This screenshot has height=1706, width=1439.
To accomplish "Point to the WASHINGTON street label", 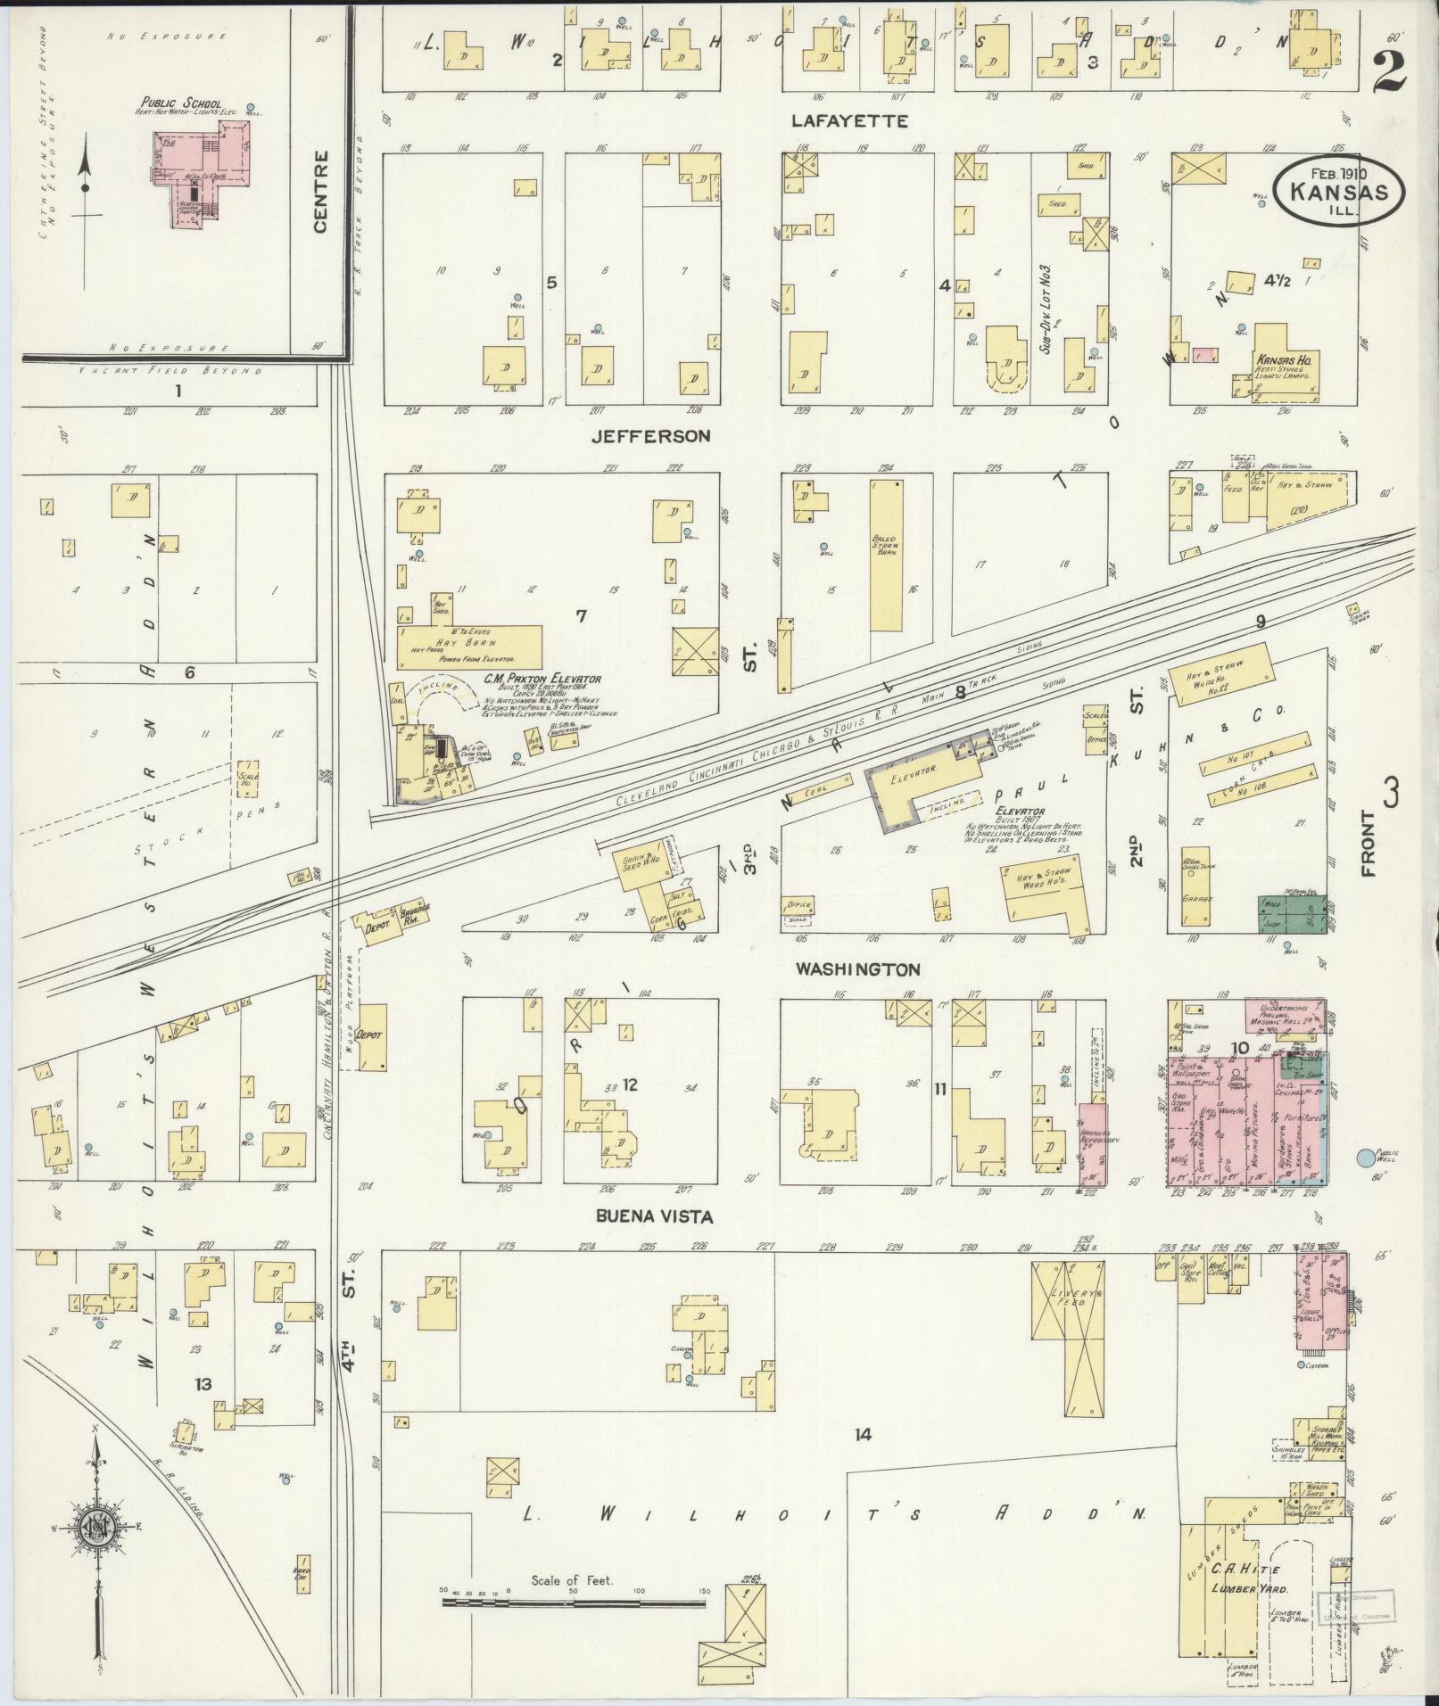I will (859, 968).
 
